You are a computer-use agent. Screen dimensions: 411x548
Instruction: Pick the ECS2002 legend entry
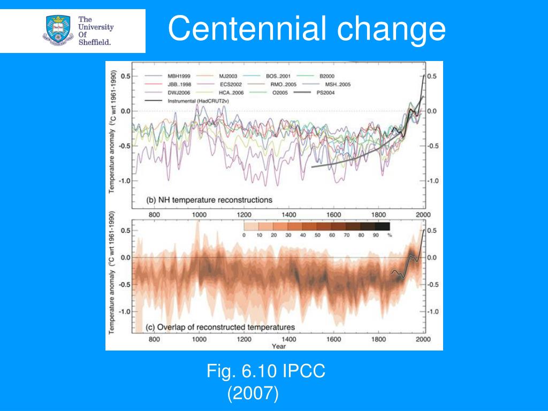[232, 84]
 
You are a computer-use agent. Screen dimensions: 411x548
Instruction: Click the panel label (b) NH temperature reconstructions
[209, 200]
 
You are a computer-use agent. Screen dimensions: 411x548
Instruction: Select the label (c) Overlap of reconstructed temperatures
[220, 327]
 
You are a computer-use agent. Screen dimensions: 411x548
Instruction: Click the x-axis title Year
[278, 346]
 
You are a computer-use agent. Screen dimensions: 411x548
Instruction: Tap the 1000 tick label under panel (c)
[200, 339]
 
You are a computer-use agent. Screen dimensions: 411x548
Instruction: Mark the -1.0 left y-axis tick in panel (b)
[125, 180]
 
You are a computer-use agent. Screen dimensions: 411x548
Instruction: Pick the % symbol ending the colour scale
[390, 235]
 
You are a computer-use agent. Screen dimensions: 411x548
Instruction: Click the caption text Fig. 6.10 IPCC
[266, 371]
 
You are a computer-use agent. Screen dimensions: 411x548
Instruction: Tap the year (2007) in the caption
[253, 394]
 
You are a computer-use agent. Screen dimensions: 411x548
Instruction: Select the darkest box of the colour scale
[382, 226]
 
